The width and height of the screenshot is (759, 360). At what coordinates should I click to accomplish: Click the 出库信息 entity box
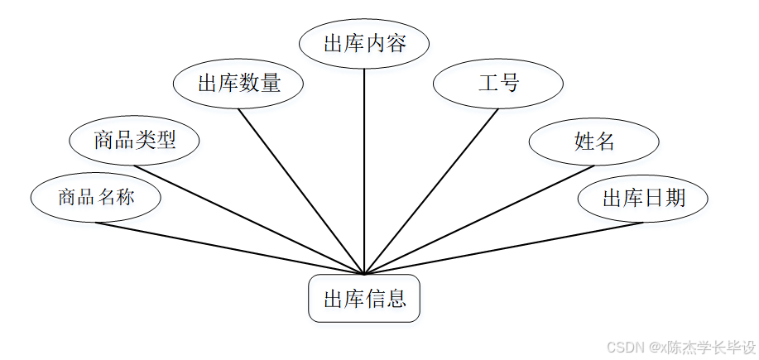click(364, 299)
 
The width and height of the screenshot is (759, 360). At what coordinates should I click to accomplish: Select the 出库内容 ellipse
click(364, 44)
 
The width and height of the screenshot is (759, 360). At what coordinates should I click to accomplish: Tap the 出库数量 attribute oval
click(239, 84)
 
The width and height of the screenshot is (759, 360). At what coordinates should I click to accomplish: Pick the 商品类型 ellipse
click(135, 140)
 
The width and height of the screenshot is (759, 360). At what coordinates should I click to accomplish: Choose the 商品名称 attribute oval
click(95, 198)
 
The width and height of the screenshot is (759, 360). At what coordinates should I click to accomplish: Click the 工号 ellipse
click(498, 84)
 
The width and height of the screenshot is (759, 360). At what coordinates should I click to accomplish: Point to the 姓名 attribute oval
click(593, 142)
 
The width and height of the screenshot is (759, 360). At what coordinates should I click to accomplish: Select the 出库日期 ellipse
click(643, 199)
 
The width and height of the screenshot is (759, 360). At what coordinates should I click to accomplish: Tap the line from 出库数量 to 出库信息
click(302, 192)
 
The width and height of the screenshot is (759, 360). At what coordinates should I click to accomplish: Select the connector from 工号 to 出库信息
click(430, 192)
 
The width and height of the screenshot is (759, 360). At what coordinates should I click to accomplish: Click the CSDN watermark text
click(680, 347)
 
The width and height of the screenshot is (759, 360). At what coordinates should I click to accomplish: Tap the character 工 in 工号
click(488, 84)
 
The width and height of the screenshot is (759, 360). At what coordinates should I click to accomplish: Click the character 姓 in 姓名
click(583, 142)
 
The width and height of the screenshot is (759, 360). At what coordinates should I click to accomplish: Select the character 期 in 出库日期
click(675, 199)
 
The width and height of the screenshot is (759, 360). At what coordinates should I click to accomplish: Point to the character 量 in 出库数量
click(271, 84)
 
